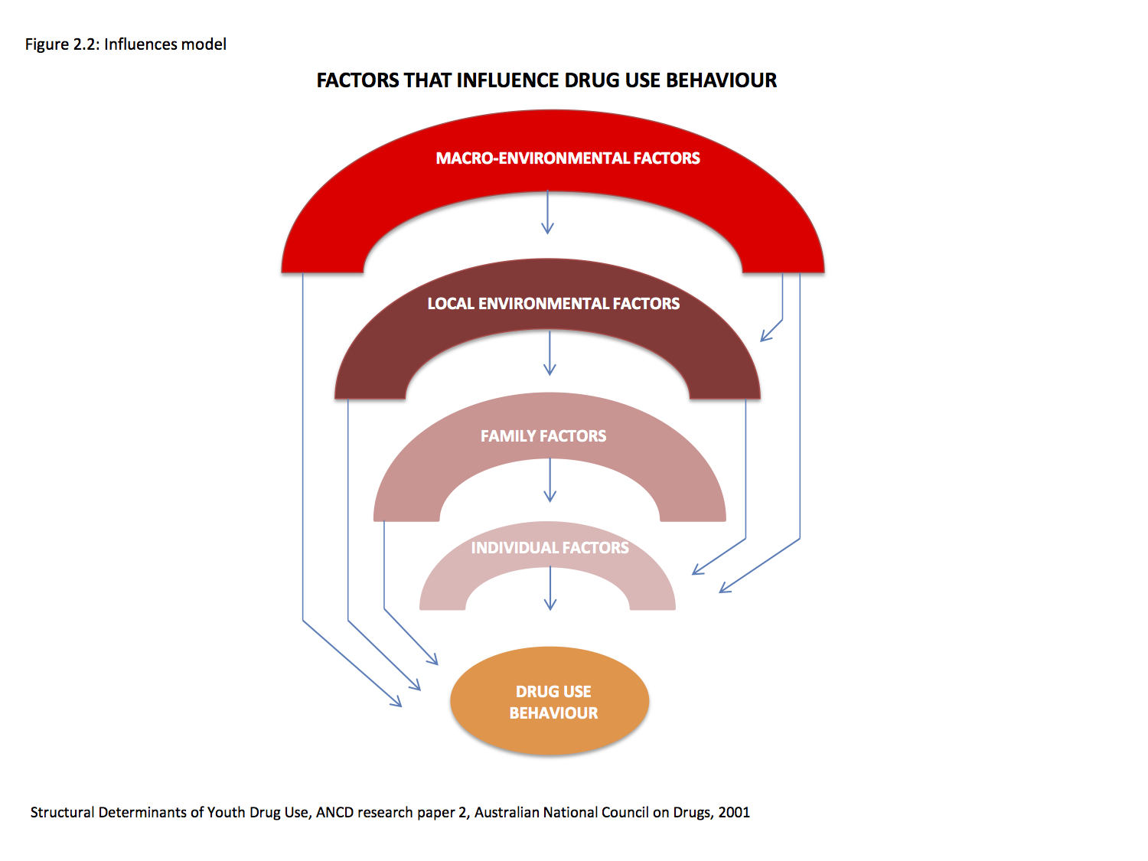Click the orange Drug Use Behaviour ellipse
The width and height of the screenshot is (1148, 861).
(550, 700)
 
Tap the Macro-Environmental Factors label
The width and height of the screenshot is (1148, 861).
(567, 158)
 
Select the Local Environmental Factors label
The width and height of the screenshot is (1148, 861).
(553, 303)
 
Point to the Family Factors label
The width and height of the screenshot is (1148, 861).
(543, 435)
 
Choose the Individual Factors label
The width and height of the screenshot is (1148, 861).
(550, 547)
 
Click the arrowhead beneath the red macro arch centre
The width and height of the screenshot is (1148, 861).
(547, 228)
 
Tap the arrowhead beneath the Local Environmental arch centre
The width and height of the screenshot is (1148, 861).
(550, 369)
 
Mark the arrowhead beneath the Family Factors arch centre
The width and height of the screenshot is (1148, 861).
(550, 496)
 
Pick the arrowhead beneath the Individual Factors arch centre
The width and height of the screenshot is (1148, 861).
(550, 604)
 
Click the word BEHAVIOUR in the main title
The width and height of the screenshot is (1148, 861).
(721, 80)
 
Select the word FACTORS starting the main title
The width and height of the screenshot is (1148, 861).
(357, 80)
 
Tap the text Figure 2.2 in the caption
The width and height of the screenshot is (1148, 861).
(62, 44)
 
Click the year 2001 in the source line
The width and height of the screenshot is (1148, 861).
(734, 812)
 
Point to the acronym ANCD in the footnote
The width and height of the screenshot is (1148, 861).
(334, 812)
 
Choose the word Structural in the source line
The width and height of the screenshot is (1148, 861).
(62, 812)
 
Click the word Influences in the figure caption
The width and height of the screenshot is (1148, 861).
(139, 44)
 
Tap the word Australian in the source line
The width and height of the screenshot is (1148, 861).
(507, 812)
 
